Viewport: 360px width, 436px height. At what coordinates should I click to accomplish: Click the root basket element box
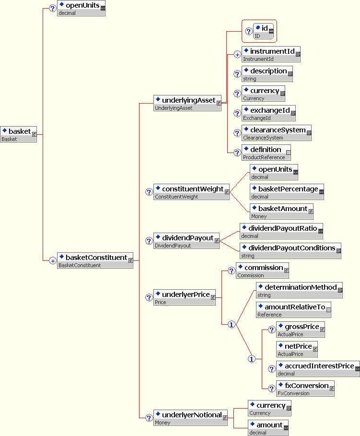tap(18, 135)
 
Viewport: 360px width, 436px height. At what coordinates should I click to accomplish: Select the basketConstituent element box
tap(95, 260)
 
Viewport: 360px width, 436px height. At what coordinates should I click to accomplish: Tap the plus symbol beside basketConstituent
tap(53, 261)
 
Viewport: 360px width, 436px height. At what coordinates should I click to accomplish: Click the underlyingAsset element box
tap(187, 104)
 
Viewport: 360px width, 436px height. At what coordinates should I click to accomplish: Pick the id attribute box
tap(263, 31)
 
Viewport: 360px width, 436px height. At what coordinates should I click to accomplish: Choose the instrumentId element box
tap(271, 54)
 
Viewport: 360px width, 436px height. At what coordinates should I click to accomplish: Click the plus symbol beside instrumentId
tap(237, 55)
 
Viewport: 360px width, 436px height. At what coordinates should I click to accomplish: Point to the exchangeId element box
tap(268, 113)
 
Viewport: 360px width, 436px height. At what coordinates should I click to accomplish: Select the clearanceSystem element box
tap(276, 133)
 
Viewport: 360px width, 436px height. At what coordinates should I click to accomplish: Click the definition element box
tap(267, 153)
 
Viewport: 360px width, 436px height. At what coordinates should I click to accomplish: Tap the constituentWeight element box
tap(191, 192)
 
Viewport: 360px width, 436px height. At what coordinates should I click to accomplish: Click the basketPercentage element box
tap(287, 192)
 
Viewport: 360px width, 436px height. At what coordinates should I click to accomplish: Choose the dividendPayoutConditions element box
tap(290, 251)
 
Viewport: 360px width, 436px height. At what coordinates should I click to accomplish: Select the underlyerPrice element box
tap(184, 297)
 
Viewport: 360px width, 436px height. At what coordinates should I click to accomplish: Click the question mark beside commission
tap(231, 271)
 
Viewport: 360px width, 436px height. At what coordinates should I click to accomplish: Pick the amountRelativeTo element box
tap(293, 310)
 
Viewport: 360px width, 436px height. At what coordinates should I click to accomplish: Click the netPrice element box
tap(297, 349)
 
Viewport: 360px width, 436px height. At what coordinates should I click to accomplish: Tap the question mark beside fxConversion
tap(272, 389)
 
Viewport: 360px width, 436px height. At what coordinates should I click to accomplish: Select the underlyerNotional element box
tap(190, 418)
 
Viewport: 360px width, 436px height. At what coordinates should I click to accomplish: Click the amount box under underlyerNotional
tap(268, 428)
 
